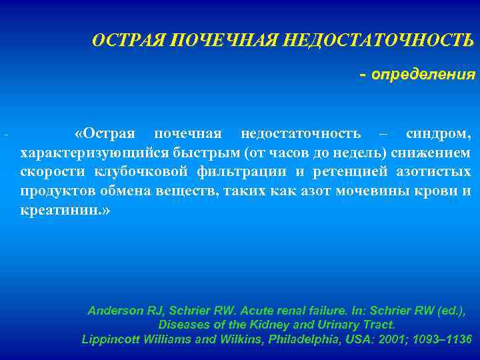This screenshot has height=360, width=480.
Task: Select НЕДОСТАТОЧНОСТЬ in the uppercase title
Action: [x=379, y=41]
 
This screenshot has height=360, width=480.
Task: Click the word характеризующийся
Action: [x=95, y=153]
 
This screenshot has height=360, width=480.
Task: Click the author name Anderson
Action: [x=115, y=311]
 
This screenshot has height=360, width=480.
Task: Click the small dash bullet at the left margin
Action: [x=5, y=136]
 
